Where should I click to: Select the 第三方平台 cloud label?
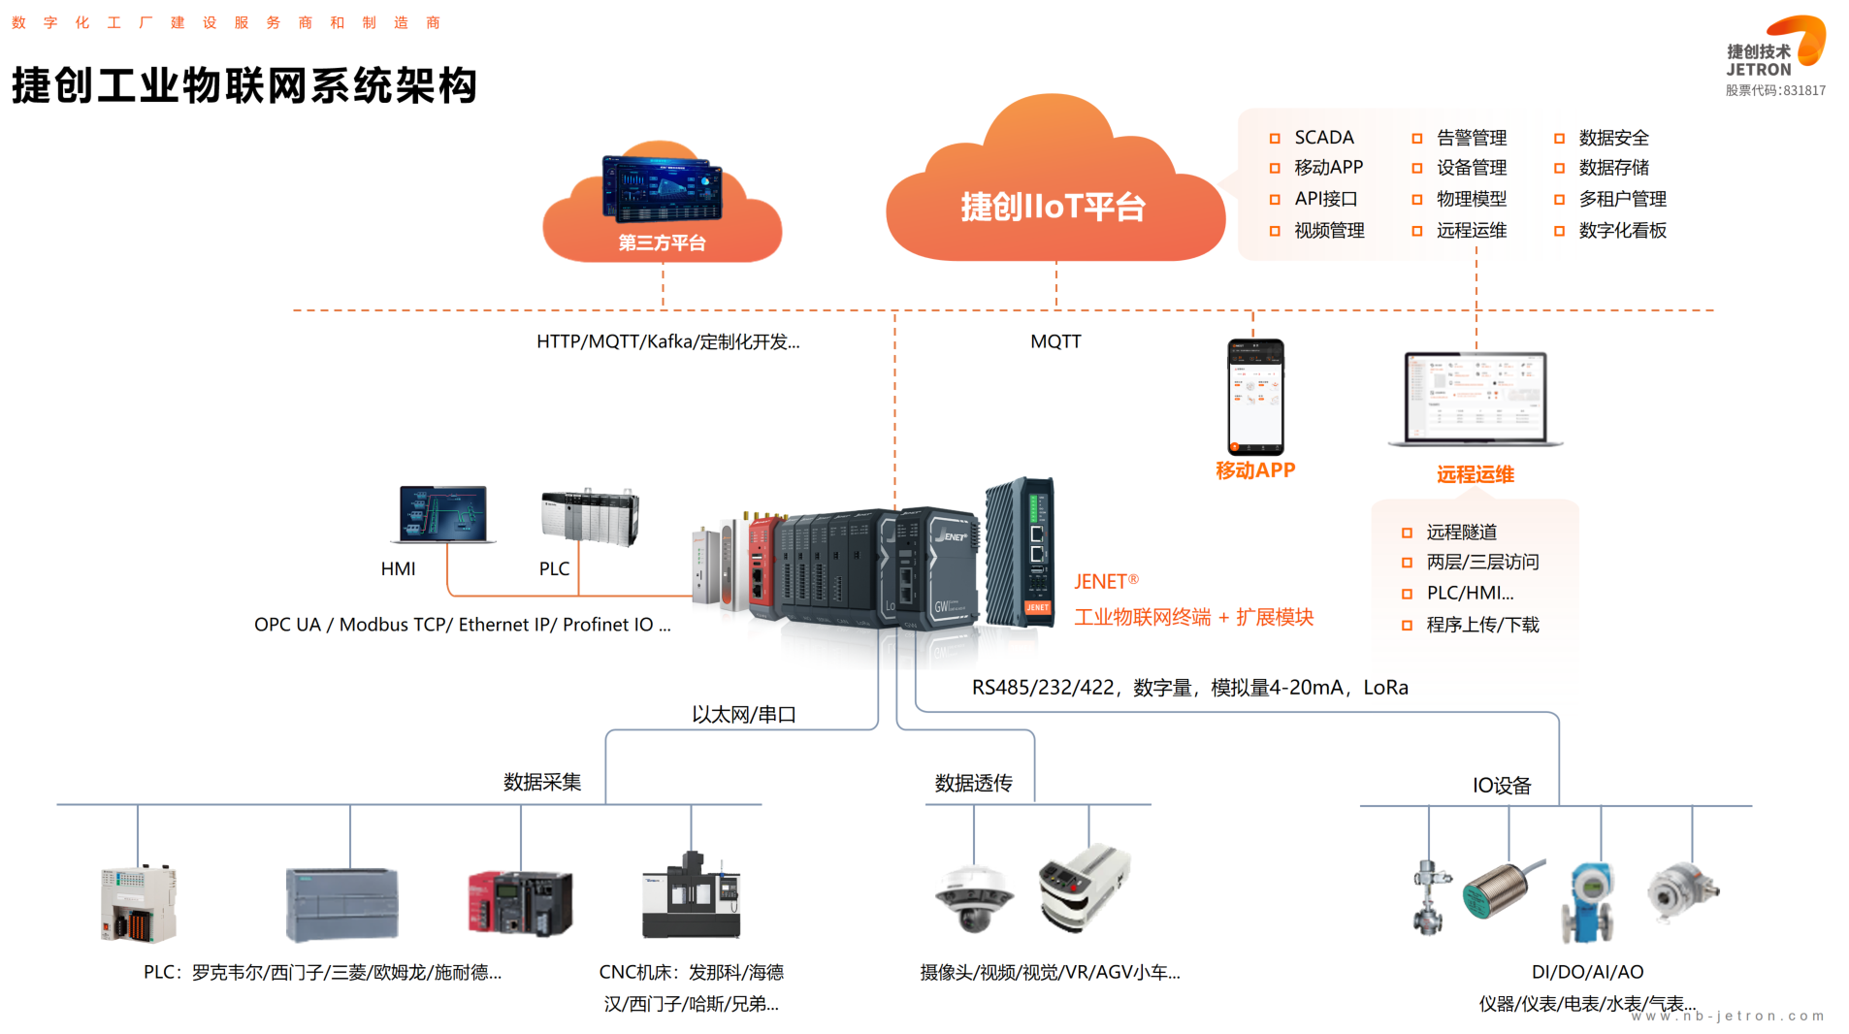tap(662, 242)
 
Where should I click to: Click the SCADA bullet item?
tap(1323, 138)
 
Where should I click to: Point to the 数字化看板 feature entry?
tap(1622, 231)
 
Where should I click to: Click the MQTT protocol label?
tap(1055, 341)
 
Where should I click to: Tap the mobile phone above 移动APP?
tap(1255, 397)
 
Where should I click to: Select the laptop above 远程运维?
tap(1476, 399)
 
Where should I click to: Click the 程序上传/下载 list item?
tap(1482, 625)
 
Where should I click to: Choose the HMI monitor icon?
tap(443, 514)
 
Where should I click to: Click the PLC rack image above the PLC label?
tap(590, 516)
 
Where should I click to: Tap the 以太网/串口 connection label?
tap(744, 715)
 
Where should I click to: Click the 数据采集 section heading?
tap(542, 782)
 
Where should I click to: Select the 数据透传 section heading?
tap(973, 783)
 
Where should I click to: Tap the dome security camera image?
tap(974, 896)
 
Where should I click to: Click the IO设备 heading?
tap(1501, 786)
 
